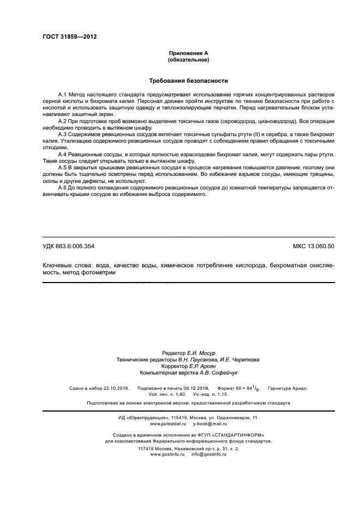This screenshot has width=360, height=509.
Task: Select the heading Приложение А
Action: pos(188,53)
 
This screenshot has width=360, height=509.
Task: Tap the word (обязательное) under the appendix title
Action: pos(188,59)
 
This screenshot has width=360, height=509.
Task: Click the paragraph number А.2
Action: pos(62,120)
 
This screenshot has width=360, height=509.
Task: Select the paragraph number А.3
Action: pos(62,134)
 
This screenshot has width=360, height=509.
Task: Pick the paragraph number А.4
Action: pos(62,155)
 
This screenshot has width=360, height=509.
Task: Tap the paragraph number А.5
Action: pos(62,168)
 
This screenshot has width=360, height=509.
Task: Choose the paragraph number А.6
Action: pos(62,188)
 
